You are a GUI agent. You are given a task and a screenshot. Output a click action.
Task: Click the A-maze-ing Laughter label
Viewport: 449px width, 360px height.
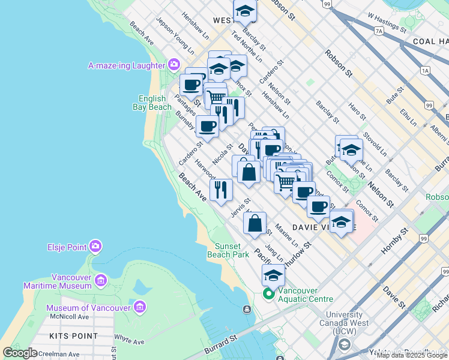coord(126,65)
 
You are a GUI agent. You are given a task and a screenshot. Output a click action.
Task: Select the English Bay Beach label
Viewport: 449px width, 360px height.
coord(152,103)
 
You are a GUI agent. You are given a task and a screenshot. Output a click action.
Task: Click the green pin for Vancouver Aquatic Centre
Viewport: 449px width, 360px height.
coord(268,294)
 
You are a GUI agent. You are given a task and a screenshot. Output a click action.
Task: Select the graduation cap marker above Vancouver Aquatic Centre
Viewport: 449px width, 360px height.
coord(273,275)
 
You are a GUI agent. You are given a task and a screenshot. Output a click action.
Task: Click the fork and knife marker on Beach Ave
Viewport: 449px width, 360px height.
coord(221,190)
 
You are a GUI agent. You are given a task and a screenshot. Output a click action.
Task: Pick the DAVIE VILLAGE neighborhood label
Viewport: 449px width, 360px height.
coord(323,227)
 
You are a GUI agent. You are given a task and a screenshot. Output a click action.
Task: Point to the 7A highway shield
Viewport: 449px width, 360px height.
coord(378,30)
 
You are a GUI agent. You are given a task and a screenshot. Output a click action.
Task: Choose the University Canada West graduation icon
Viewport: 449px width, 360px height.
coord(344,344)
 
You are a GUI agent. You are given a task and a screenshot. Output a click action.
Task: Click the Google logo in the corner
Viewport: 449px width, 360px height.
coord(20,353)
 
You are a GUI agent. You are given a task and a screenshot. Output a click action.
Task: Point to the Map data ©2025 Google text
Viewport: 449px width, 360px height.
coord(412,355)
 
